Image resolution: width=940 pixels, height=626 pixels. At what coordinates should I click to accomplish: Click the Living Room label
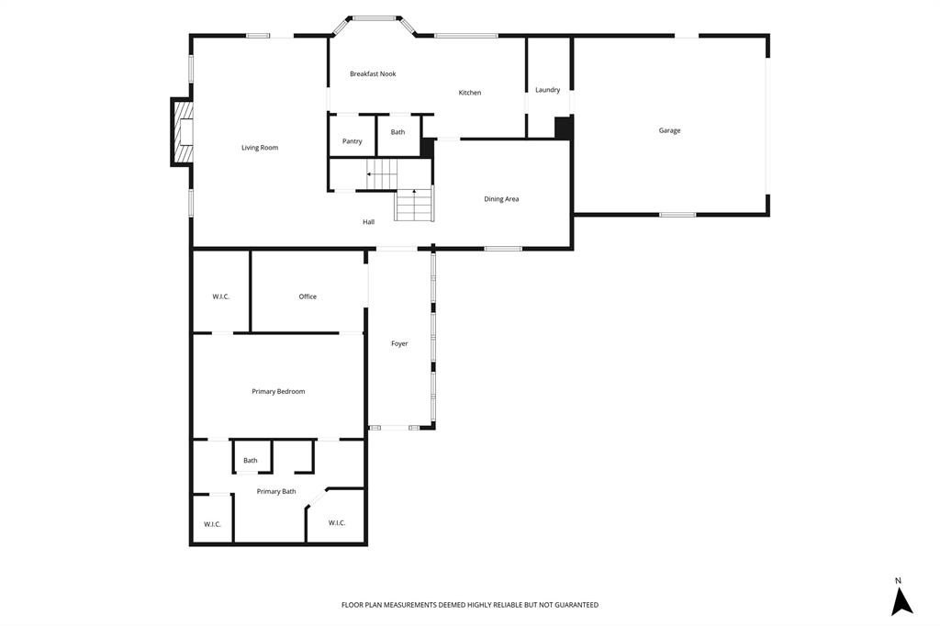click(260, 148)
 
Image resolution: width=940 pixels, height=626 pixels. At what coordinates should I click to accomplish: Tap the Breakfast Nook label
click(373, 73)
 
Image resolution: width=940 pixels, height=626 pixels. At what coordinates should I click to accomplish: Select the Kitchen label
click(470, 93)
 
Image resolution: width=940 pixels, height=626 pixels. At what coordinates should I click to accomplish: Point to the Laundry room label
click(548, 90)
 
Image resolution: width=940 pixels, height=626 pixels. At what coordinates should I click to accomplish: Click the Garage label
click(669, 130)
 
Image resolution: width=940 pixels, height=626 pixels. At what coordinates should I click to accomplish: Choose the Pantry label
click(352, 141)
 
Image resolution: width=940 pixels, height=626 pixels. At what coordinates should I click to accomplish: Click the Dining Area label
click(501, 199)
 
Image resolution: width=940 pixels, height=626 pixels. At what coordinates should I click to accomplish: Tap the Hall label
click(368, 222)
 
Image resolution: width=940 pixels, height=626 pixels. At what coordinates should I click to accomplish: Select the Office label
click(308, 296)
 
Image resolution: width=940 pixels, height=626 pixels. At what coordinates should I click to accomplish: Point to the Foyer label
click(399, 343)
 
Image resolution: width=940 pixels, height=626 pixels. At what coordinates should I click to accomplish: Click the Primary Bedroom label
click(278, 392)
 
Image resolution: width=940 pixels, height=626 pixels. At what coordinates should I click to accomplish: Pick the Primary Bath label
click(276, 492)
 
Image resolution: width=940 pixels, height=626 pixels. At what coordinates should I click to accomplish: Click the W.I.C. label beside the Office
click(221, 296)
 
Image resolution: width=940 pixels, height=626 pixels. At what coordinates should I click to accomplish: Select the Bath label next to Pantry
click(397, 132)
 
